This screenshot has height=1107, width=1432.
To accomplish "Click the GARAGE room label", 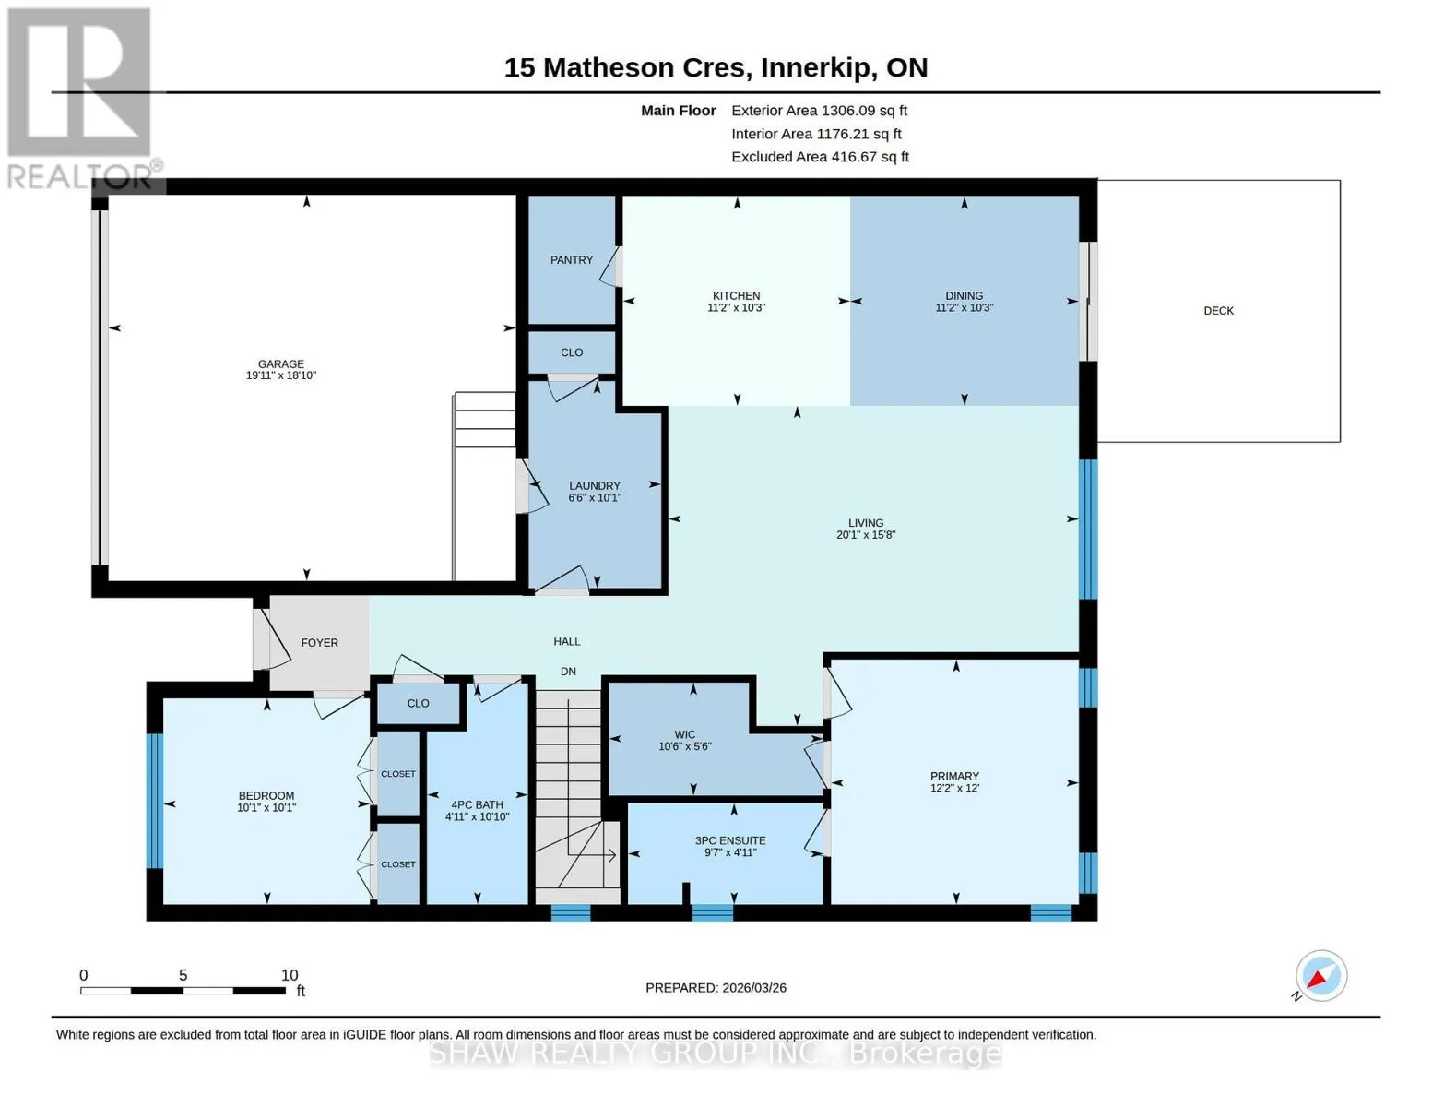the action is pos(280,364).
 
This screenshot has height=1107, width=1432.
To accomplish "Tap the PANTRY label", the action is pos(572,260).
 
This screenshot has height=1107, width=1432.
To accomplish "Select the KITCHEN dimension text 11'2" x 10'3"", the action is pos(736,308).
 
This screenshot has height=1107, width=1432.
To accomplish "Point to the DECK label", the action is pos(1218,311).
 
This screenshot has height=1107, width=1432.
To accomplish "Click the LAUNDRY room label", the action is pos(595,486).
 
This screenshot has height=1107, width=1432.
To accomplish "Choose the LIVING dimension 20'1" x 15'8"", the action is pos(866,535).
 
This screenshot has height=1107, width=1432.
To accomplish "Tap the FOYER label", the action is pos(320,643).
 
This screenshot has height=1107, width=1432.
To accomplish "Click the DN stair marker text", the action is pos(568,672).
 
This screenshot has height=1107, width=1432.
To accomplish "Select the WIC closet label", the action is pos(685,734).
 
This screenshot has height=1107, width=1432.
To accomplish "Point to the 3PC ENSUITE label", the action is pos(730,840).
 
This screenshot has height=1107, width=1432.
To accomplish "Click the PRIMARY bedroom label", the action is pos(955,776).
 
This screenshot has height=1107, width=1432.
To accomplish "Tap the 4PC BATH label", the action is pos(477,805).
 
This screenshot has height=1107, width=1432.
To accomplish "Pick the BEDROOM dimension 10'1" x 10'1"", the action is pos(266,808).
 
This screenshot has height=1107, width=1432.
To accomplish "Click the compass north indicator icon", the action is pos(1320,976).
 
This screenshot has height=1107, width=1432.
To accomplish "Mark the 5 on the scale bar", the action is pos(183,975).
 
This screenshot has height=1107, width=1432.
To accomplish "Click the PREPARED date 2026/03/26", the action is pos(754,988).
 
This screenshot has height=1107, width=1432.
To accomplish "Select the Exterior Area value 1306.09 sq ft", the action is pos(865,111).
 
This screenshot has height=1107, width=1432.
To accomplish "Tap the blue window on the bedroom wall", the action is pos(154,801).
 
